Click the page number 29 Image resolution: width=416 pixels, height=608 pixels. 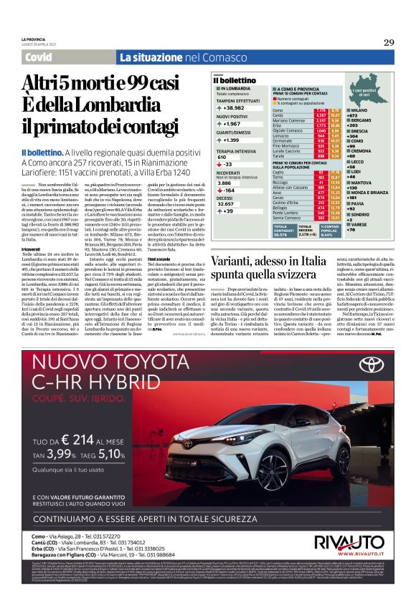[x=388, y=42]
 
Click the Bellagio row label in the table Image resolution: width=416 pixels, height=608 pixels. [x=282, y=207]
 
